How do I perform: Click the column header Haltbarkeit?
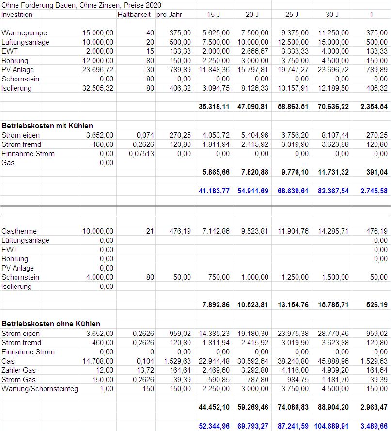click(x=135, y=15)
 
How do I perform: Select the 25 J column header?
click(x=292, y=15)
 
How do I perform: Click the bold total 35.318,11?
click(x=214, y=107)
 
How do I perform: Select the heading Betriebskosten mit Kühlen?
click(x=47, y=126)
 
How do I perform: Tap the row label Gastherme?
click(x=19, y=231)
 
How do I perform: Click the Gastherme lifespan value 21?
click(x=150, y=231)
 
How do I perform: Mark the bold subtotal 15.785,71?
click(x=332, y=305)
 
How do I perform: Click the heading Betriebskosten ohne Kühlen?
click(x=51, y=323)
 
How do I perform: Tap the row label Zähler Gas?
click(x=19, y=370)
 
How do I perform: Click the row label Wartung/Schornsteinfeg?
click(x=40, y=389)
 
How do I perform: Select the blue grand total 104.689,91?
click(x=332, y=426)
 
